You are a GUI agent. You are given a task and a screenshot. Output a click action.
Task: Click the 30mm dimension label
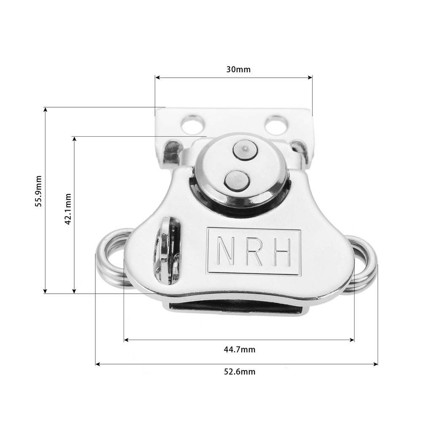click(x=238, y=70)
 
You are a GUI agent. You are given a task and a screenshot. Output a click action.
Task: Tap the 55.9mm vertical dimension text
click(x=39, y=191)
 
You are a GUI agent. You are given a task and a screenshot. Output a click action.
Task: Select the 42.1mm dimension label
click(x=68, y=209)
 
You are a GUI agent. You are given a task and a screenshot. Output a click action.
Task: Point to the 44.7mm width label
click(x=240, y=349)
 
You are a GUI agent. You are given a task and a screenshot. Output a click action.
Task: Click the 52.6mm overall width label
click(x=240, y=372)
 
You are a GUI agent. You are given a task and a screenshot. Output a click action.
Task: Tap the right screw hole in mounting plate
click(x=276, y=125)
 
